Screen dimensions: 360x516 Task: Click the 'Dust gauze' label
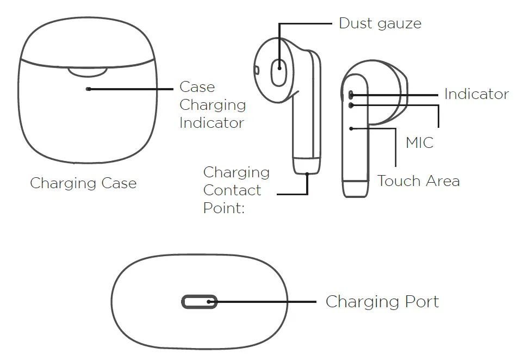click(x=380, y=23)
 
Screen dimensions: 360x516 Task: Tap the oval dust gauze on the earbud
click(x=279, y=70)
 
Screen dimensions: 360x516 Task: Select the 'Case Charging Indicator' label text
click(x=212, y=105)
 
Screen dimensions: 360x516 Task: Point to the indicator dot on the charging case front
click(x=89, y=89)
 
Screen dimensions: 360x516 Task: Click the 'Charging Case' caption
click(x=83, y=183)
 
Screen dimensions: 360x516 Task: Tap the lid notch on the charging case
click(x=87, y=72)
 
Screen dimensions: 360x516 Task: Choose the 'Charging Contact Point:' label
click(x=236, y=190)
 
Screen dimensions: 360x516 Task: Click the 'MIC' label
click(x=419, y=143)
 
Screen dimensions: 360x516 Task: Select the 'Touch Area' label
click(x=418, y=181)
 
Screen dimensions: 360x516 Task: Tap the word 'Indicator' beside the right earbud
click(x=476, y=94)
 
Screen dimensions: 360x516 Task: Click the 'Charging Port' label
click(x=382, y=302)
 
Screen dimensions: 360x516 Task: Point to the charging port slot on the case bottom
click(x=199, y=302)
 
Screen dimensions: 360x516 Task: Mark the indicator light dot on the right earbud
click(x=351, y=95)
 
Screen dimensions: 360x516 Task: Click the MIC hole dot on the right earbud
click(x=351, y=105)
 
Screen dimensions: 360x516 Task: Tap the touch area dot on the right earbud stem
click(x=352, y=128)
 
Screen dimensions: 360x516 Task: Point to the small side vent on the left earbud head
click(x=256, y=70)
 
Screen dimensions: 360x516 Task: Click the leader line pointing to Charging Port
click(x=266, y=302)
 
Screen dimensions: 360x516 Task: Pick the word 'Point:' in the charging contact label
click(x=224, y=208)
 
